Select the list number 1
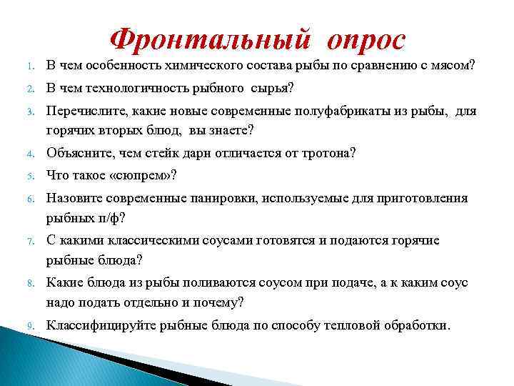pos(23,68)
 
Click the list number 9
pos(23,327)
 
